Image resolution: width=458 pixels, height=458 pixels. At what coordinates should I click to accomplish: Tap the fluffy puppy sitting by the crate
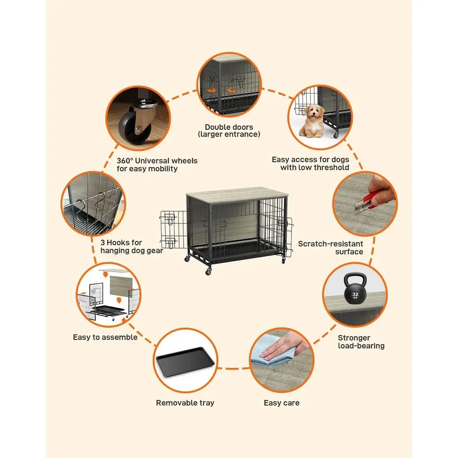point(312,121)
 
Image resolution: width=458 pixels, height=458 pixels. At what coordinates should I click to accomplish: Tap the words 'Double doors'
point(229,127)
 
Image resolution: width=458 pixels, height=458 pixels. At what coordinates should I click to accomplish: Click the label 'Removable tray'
point(185,403)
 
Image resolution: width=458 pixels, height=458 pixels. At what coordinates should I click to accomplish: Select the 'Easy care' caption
point(281,403)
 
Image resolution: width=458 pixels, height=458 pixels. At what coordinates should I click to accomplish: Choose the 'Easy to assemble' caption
point(105,337)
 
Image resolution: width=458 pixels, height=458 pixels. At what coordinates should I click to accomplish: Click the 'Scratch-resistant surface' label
point(331,248)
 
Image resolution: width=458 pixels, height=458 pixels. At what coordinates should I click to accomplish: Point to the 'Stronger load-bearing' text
point(361,342)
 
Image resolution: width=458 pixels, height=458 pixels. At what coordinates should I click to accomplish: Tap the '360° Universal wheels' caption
point(157,165)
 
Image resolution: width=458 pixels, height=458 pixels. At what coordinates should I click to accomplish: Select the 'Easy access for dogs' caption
point(310,164)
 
